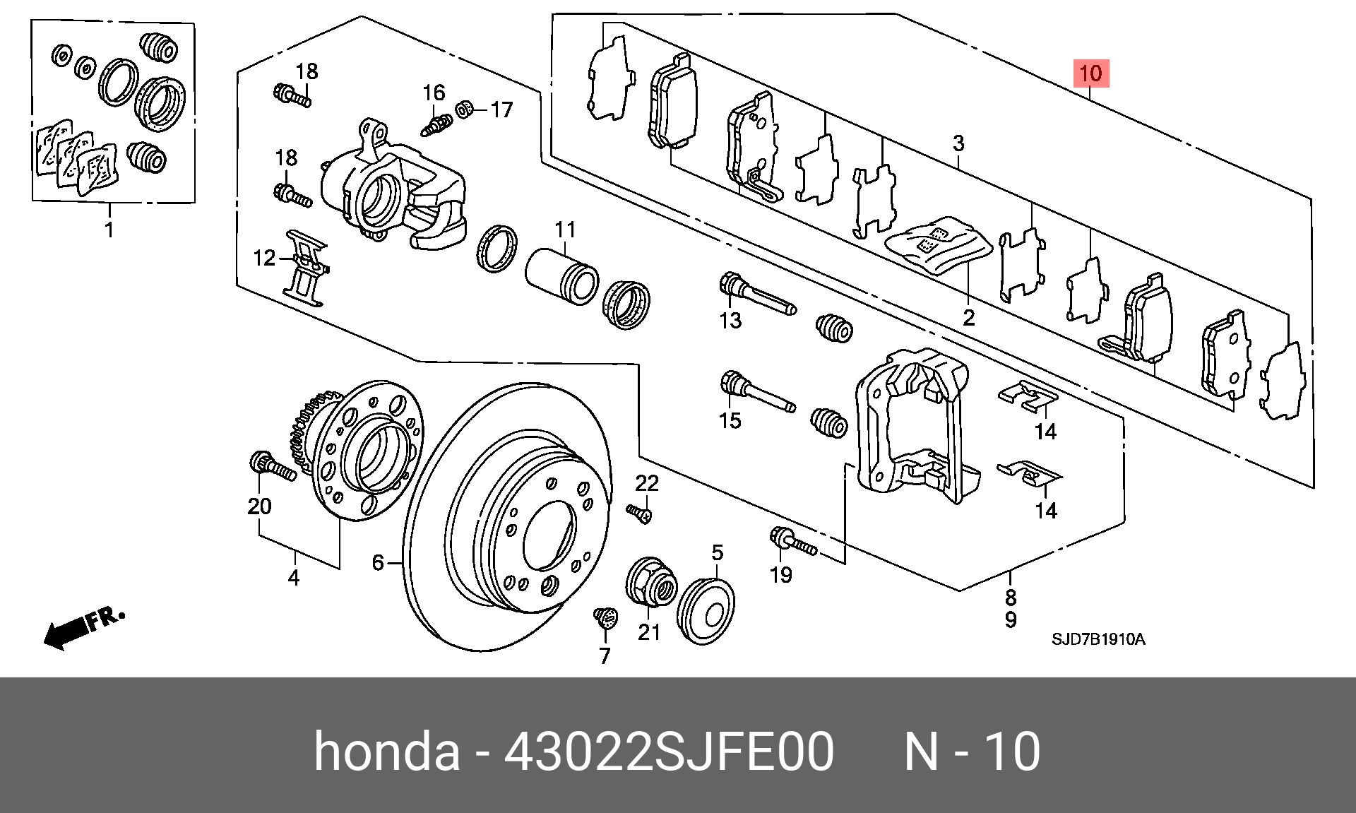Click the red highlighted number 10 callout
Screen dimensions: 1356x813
click(1091, 73)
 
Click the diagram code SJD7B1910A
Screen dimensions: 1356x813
click(1098, 639)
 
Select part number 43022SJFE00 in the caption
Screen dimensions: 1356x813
click(669, 751)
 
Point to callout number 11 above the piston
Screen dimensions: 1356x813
click(565, 230)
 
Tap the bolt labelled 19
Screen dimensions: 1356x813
click(792, 542)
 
